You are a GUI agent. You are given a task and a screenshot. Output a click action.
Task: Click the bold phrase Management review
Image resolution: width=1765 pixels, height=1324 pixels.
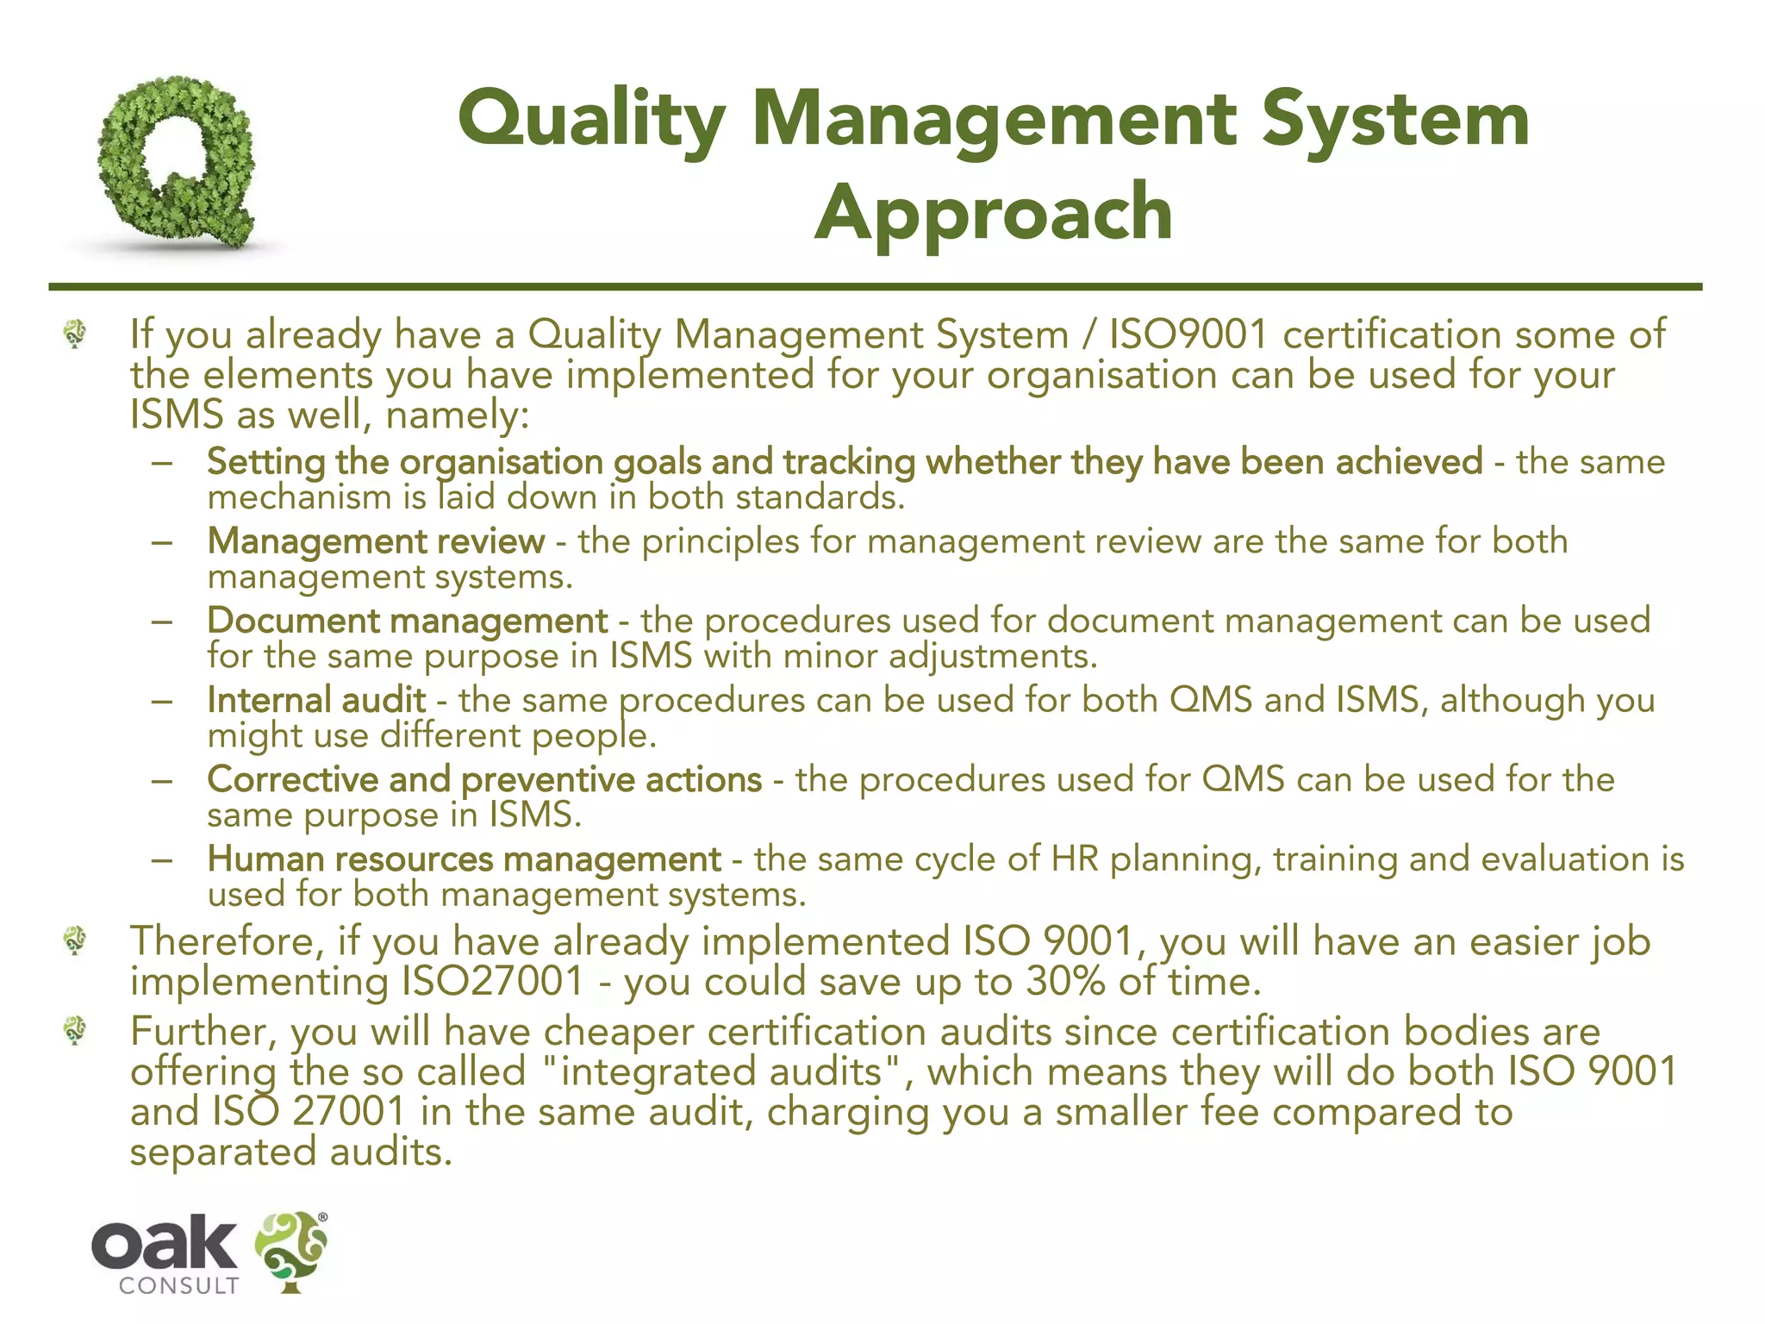pos(376,541)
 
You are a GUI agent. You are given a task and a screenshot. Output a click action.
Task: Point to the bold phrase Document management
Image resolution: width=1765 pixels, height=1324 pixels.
pos(408,621)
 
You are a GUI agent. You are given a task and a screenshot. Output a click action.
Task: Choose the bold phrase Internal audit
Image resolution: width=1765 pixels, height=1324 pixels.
pos(316,700)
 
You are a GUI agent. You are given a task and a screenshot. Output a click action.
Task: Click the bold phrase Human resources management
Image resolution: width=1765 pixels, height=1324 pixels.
pos(464,859)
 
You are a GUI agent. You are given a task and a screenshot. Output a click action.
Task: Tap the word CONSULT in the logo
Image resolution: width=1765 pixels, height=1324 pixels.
pos(178,1285)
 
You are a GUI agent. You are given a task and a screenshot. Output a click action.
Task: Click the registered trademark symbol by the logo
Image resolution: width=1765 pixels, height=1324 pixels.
pos(323,1217)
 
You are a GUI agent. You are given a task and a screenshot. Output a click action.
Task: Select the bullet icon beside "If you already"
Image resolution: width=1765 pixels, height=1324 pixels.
pos(75,334)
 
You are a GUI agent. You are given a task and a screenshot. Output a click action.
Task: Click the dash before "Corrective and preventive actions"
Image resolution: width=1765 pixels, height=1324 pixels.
pos(161,781)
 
